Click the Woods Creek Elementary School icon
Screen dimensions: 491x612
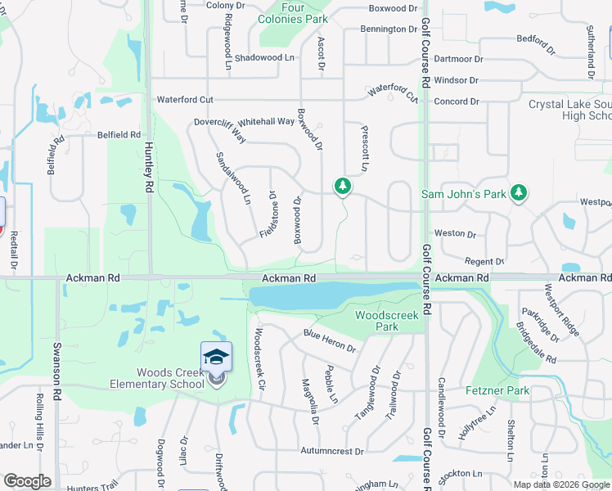216,357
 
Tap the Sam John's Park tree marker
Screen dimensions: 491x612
518,193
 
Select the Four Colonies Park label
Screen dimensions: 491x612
292,12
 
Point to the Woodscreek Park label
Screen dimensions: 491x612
386,321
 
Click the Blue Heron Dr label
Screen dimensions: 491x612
330,340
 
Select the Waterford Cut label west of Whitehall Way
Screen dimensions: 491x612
185,100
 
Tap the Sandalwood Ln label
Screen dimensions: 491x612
233,178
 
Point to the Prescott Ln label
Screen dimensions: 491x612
365,148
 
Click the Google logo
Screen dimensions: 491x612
27,481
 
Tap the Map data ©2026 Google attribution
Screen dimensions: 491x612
561,484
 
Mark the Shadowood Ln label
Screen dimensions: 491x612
263,57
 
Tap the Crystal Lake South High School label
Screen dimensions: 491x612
569,110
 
